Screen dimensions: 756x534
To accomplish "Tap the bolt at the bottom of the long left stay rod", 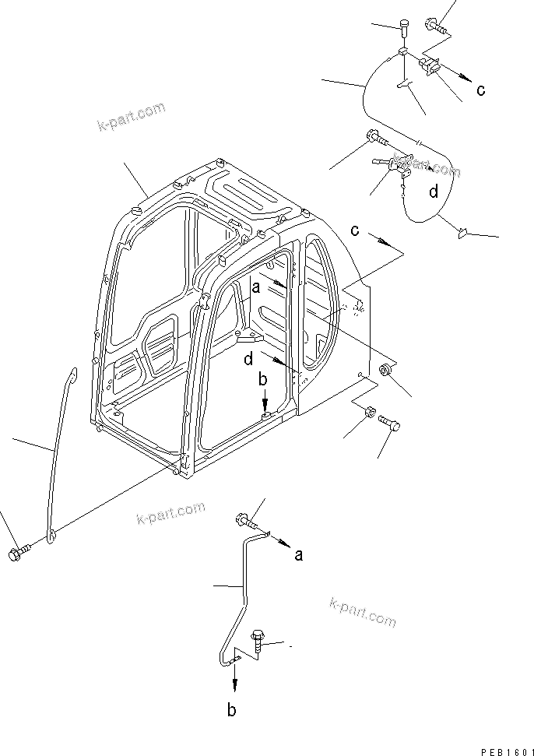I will (19, 554).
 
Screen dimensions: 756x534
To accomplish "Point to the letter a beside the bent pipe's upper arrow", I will (298, 554).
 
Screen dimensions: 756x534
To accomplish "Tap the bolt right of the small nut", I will (390, 423).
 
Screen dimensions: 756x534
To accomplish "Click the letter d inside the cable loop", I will (433, 192).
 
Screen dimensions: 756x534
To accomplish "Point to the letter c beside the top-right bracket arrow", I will (480, 90).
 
